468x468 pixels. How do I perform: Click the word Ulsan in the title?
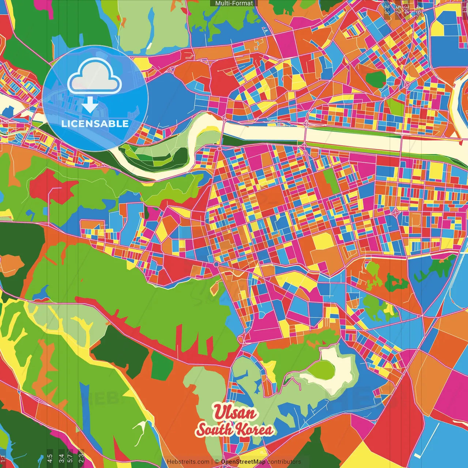click(x=235, y=412)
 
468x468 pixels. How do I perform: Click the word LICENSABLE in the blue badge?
click(x=95, y=124)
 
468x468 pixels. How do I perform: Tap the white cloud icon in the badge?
click(x=94, y=76)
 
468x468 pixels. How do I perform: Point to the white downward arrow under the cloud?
click(x=90, y=105)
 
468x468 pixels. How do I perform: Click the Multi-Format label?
click(x=234, y=3)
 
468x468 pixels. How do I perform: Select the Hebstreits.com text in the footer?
click(x=188, y=462)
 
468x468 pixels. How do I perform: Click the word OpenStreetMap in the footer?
click(x=243, y=462)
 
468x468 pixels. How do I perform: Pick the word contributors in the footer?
click(x=284, y=462)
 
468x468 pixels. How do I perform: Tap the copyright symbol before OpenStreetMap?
click(x=217, y=462)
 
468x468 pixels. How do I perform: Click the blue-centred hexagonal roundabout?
click(x=216, y=264)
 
